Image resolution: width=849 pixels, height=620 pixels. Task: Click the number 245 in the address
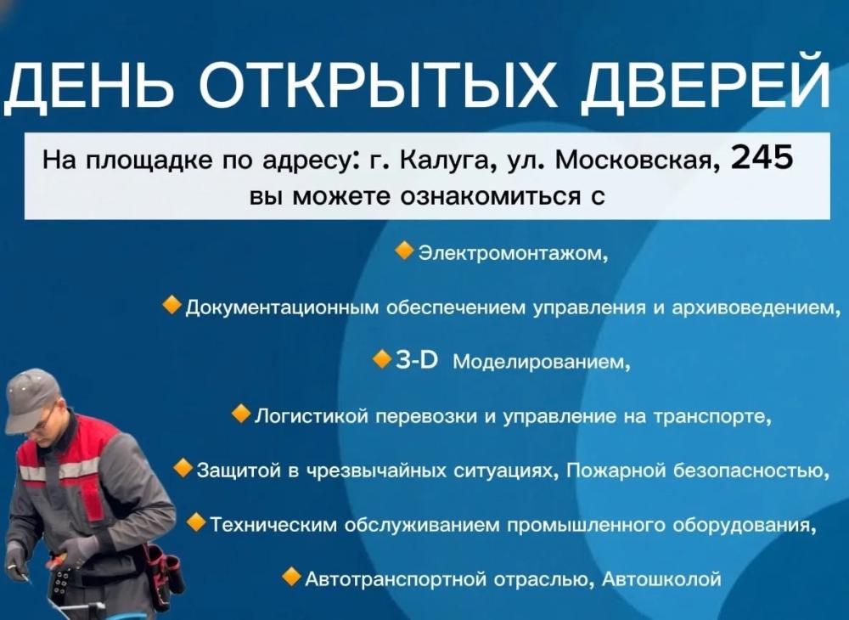point(762,158)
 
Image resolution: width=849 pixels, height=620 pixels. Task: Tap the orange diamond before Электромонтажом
point(405,251)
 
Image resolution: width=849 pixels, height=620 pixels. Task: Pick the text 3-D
point(417,359)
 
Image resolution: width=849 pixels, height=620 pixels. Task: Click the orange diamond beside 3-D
point(382,359)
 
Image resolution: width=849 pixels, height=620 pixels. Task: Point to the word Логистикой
point(312,416)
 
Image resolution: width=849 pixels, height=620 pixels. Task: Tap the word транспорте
point(712,417)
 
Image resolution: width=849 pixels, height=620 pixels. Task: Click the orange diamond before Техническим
point(196,522)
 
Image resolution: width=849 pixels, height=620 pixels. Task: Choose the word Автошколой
point(661,579)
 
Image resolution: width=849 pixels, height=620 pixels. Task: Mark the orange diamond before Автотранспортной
point(292,578)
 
